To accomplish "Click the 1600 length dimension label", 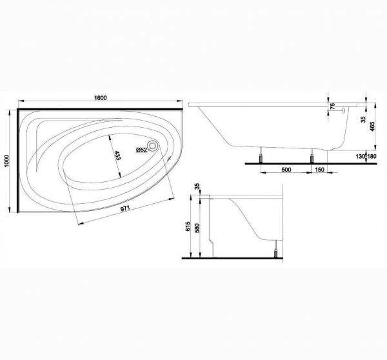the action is [101, 98].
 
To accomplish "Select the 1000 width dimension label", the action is [6, 161].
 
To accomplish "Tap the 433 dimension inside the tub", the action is [117, 155].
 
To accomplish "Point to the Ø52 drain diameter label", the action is [141, 150].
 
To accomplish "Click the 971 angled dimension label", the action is [125, 208].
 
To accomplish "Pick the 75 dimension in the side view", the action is [333, 106].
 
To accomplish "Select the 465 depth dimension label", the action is [372, 126].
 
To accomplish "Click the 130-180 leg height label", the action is [366, 157].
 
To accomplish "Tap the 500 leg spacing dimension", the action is [286, 170].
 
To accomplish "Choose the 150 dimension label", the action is [320, 170].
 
